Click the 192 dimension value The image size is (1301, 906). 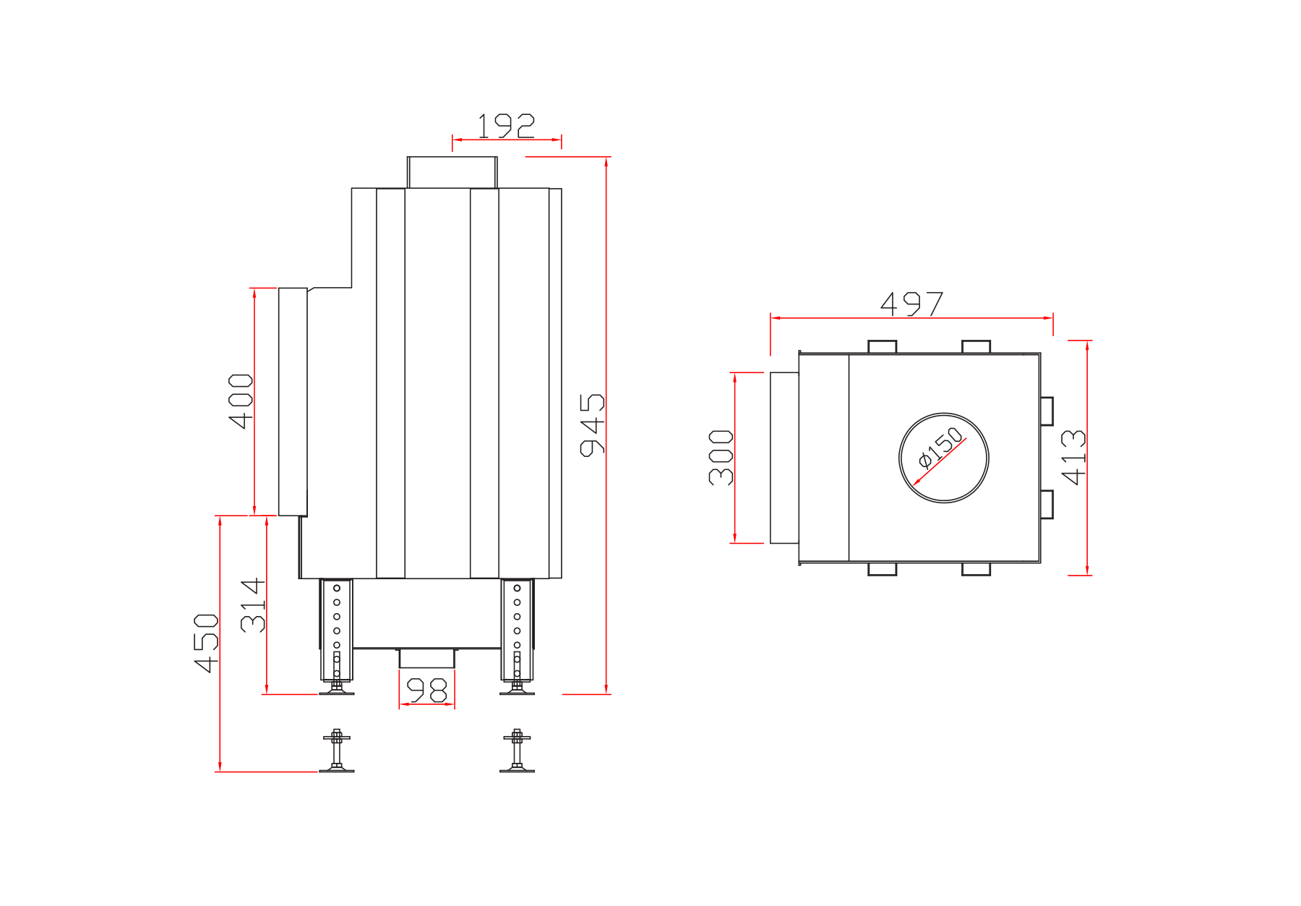click(506, 126)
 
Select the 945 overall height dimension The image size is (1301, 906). click(593, 425)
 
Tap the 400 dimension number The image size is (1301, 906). click(241, 401)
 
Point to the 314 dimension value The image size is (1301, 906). click(253, 605)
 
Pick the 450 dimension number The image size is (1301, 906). click(207, 643)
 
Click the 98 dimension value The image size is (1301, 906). click(427, 691)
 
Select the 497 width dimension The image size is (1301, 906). click(912, 304)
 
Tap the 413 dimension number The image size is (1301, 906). click(1074, 457)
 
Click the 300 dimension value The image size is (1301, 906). click(721, 457)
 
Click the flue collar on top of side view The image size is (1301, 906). click(452, 173)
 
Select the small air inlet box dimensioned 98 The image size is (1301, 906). click(427, 658)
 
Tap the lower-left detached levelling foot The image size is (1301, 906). click(337, 751)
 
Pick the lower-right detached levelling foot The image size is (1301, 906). click(517, 751)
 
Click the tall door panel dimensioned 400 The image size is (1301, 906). click(293, 402)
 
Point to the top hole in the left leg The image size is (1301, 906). click(337, 588)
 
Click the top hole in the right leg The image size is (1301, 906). click(517, 588)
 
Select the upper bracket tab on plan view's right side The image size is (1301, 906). click(1047, 411)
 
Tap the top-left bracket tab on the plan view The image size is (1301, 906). click(883, 347)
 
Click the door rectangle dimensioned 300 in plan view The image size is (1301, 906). click(784, 458)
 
